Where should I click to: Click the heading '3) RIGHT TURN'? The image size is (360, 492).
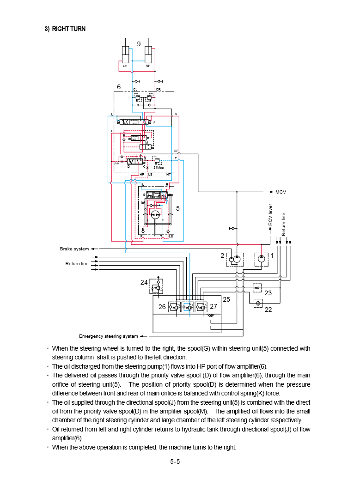pos(65,29)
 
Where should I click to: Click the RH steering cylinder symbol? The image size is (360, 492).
pos(148,55)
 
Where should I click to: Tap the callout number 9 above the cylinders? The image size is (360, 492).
pos(139,44)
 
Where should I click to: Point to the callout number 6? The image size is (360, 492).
pos(119,87)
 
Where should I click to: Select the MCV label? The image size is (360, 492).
pos(281,191)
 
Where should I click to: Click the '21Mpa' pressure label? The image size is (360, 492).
pos(159,167)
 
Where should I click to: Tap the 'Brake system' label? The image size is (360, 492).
pos(74,249)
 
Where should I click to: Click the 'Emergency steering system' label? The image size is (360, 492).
pos(108,336)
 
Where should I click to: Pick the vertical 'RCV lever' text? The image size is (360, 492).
pos(271,215)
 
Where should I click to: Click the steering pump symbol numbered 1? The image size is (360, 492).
pos(262,259)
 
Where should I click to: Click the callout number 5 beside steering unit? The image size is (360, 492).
pos(177,209)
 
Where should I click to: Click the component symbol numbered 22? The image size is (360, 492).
pos(258,303)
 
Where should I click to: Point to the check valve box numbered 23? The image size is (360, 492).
pos(257,288)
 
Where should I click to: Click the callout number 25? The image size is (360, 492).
pos(226,299)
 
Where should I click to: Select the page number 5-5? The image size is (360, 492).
pos(175,461)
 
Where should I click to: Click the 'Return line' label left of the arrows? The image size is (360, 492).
pos(77,264)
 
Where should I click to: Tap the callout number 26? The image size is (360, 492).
pos(162,307)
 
